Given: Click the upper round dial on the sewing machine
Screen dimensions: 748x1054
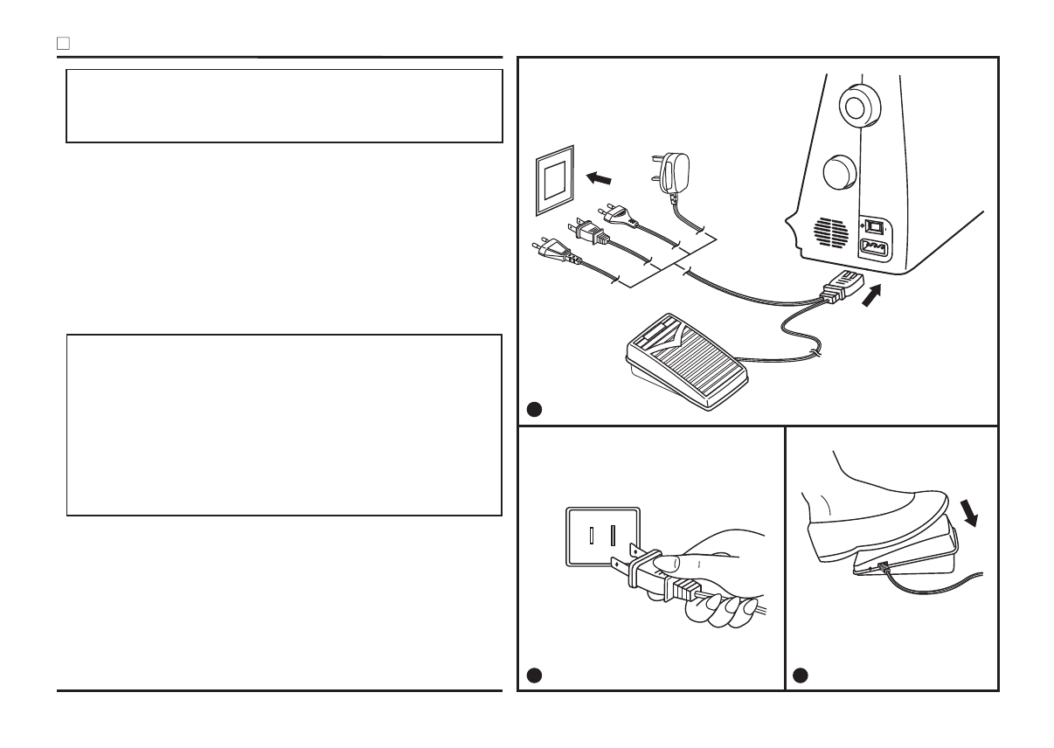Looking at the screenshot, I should point(855,105).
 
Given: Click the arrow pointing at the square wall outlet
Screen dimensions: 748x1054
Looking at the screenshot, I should point(600,179).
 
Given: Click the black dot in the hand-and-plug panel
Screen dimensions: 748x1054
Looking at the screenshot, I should point(534,675).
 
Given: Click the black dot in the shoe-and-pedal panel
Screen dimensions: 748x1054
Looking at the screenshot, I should point(801,675).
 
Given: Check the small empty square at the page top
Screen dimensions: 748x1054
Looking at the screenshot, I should point(63,42).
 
